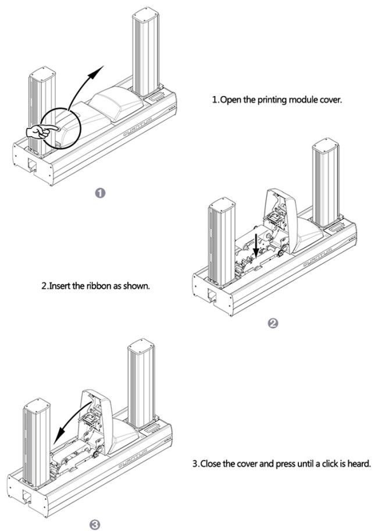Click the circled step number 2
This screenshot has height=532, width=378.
(272, 324)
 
